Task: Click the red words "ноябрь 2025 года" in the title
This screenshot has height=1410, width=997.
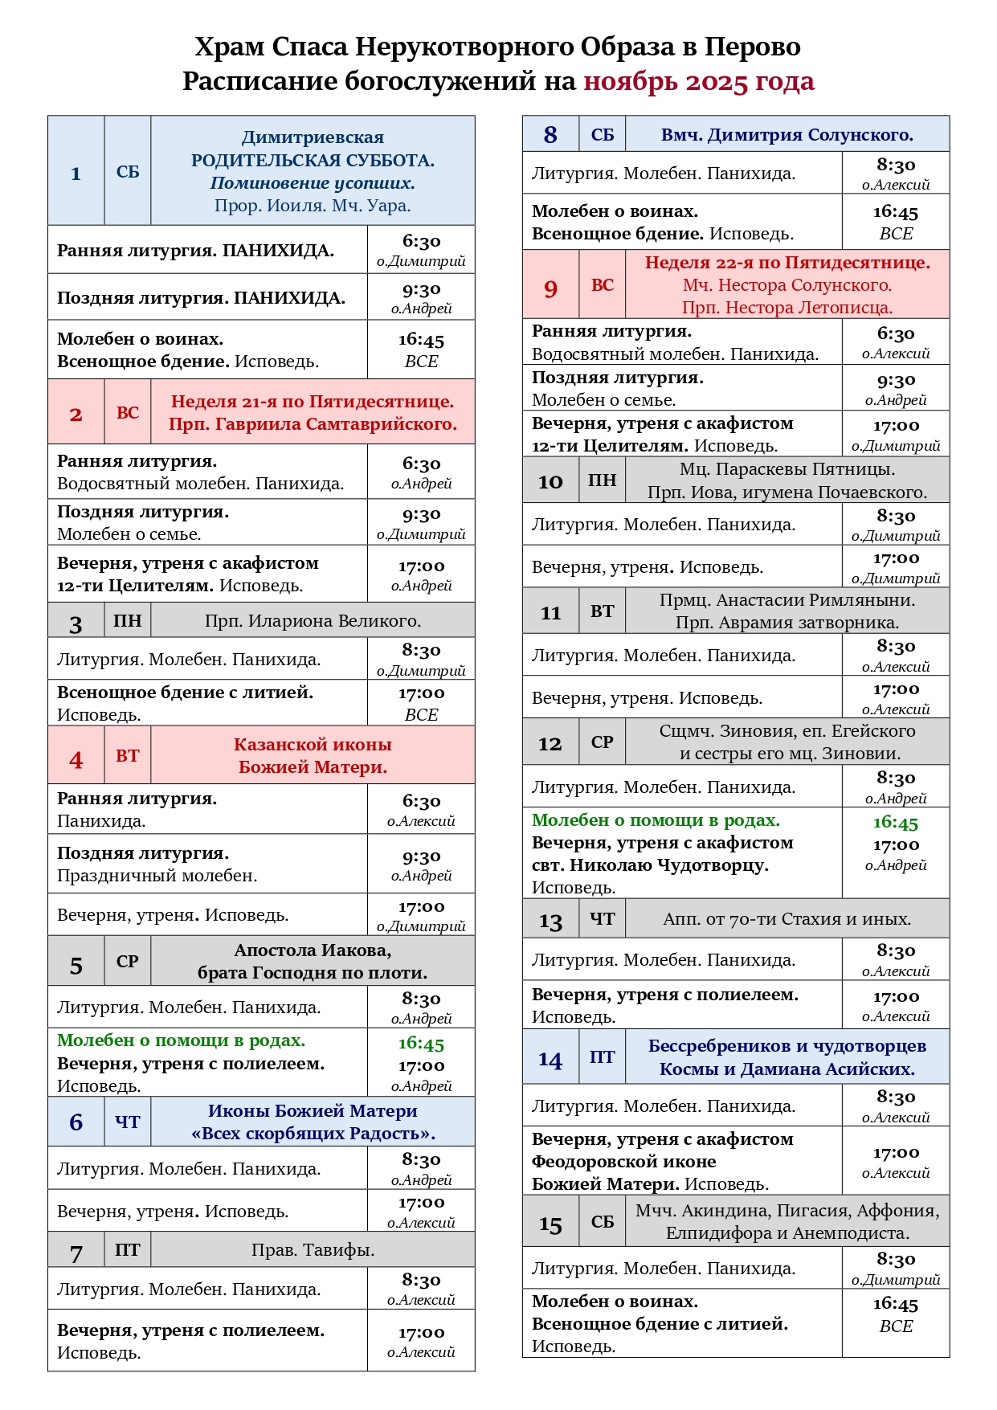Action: (698, 82)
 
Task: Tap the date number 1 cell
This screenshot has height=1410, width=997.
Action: (76, 172)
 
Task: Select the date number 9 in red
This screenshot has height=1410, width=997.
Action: (550, 288)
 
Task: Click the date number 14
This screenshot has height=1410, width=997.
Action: (550, 1059)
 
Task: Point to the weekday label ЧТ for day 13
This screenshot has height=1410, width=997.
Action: (602, 919)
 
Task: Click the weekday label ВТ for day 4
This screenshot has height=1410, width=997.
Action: (127, 756)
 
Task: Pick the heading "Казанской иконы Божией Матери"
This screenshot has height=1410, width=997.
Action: (313, 756)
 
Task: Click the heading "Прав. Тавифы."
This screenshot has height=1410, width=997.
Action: (313, 1250)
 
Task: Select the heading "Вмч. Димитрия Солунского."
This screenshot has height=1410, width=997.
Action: (787, 135)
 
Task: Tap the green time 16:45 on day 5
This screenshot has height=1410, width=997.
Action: (421, 1044)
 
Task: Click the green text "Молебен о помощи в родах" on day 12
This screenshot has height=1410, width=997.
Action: (656, 820)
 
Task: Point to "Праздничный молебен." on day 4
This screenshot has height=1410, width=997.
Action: (157, 876)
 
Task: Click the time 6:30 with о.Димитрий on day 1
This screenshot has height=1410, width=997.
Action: (421, 242)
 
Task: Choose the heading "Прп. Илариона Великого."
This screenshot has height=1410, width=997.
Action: (313, 621)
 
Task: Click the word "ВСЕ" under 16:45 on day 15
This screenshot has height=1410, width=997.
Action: (896, 1326)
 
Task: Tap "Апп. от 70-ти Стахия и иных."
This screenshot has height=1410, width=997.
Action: (787, 919)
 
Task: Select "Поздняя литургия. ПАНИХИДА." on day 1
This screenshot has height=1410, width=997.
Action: (201, 298)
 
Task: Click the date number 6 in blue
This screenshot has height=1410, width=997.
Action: (76, 1122)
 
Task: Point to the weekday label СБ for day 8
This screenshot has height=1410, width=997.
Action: (602, 135)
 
